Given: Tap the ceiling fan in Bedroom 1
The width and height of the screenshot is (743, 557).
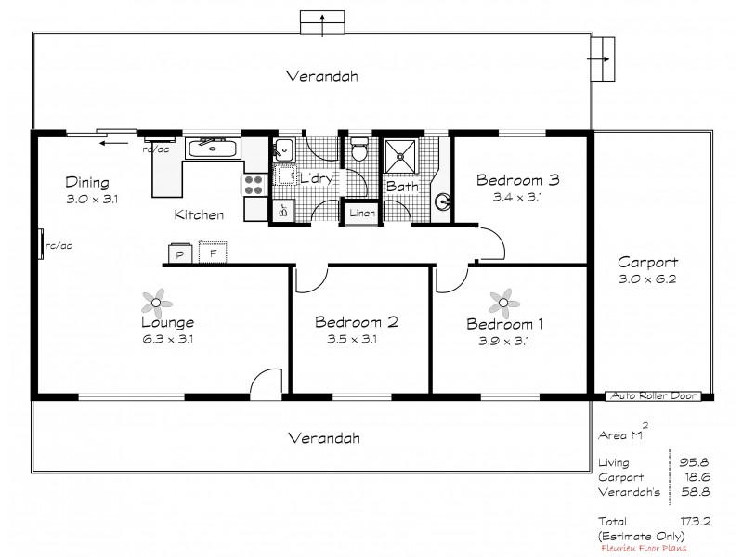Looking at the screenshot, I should pyautogui.click(x=503, y=300).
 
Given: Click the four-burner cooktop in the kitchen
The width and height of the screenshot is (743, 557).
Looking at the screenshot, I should pyautogui.click(x=254, y=184).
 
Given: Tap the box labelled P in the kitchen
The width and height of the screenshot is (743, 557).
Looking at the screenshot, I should pyautogui.click(x=180, y=253).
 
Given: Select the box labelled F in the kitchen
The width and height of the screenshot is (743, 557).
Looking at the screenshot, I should pyautogui.click(x=213, y=253).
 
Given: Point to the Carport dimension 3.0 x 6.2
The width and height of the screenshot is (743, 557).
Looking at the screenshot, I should pyautogui.click(x=647, y=278).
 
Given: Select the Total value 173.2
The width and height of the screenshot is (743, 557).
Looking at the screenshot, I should pyautogui.click(x=694, y=522).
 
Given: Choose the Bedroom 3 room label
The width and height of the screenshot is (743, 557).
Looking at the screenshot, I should pyautogui.click(x=517, y=180).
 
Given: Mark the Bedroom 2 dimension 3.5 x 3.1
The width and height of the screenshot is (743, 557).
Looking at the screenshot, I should pyautogui.click(x=357, y=339).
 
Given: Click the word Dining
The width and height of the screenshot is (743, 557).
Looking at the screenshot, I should pyautogui.click(x=87, y=182).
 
